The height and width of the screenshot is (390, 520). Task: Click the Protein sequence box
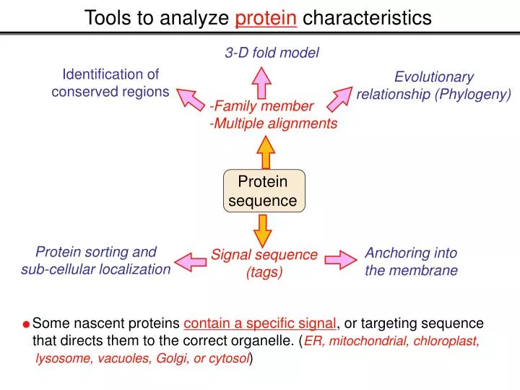point(263,191)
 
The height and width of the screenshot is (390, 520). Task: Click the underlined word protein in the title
point(266,17)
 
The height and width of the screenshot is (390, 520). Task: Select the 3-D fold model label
point(272,52)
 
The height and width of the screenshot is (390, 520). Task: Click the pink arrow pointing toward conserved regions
point(191,99)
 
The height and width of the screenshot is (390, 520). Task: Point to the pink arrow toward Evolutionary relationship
point(344,97)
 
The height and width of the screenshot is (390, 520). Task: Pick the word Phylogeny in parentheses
point(478,94)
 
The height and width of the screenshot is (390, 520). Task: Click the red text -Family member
point(261,106)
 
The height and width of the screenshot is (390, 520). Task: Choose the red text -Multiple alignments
point(273,123)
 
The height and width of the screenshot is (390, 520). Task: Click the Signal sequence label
point(264,254)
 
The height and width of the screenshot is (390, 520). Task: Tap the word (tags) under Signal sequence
point(264,272)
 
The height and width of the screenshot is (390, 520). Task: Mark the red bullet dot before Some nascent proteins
point(26,324)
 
